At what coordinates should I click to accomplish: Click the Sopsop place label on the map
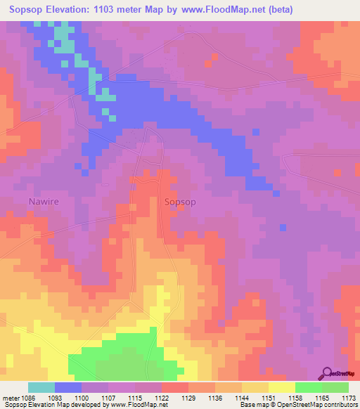(x=179, y=202)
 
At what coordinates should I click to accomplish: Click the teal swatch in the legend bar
(x=41, y=387)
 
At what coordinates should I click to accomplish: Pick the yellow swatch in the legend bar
(x=281, y=387)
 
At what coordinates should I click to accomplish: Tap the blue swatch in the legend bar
(x=68, y=387)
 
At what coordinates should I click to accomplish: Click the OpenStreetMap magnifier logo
(x=327, y=374)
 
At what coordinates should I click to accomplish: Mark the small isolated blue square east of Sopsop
(x=283, y=227)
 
